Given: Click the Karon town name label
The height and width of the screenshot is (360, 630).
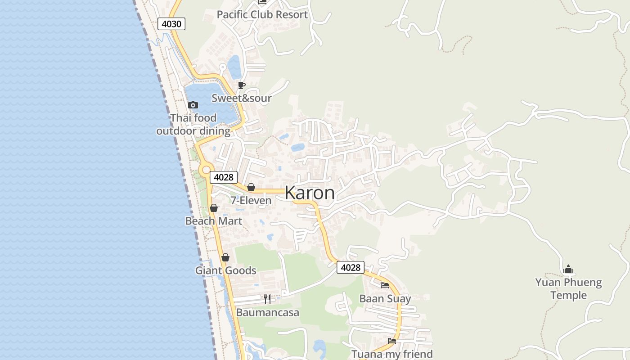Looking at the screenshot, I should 310,193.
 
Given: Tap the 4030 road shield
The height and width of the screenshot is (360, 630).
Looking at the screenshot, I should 171,24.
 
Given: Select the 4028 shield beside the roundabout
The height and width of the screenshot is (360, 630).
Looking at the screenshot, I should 224,177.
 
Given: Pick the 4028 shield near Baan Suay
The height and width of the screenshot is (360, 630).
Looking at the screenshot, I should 351,268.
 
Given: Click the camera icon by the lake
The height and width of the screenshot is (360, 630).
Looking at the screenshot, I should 193,105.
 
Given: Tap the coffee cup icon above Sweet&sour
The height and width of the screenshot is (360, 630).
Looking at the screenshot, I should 242,85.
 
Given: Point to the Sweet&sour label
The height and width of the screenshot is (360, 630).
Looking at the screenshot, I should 242,98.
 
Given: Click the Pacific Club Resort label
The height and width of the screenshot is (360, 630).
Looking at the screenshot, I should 262,14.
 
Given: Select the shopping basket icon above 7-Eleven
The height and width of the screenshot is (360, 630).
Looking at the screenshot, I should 251,187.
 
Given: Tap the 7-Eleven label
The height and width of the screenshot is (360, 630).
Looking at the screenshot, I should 251,200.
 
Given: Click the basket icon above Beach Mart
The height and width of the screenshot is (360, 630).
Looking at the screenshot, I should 214,208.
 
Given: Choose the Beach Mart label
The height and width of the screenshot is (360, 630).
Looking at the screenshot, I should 214,221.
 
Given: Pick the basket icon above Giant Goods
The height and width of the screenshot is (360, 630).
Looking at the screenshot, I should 225,257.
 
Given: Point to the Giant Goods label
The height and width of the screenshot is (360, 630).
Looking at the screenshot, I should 225,270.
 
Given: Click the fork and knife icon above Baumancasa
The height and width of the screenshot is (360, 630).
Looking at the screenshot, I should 267,299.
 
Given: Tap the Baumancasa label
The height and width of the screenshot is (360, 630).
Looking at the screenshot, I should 267,312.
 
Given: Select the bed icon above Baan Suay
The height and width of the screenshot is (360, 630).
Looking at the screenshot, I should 385,285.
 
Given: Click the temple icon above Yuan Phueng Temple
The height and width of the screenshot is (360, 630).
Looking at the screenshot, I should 568,269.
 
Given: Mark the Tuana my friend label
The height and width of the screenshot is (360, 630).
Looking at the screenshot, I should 392,354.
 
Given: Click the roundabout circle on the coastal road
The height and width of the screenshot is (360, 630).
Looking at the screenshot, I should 206,170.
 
